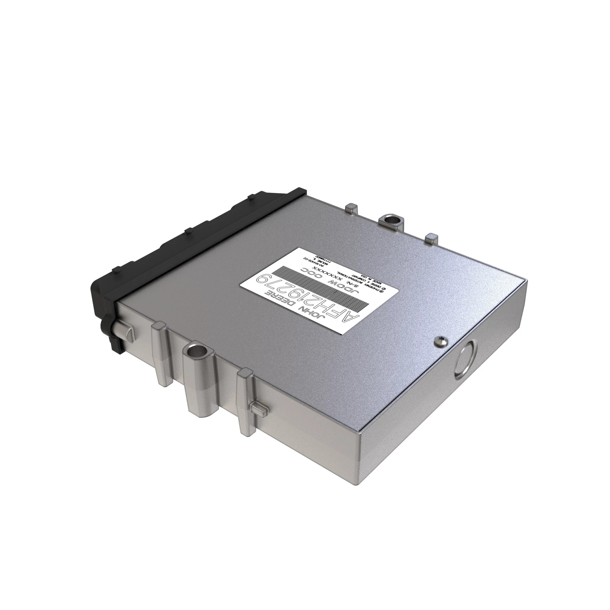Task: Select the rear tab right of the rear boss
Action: click(431, 238)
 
